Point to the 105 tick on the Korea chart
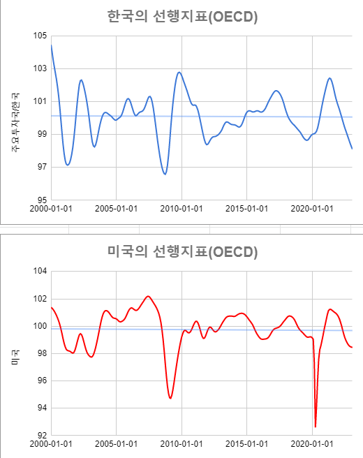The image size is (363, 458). (x=40, y=36)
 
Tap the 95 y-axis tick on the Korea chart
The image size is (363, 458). (x=42, y=200)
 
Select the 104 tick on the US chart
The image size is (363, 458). (x=40, y=272)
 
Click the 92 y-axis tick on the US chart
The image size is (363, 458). (x=42, y=435)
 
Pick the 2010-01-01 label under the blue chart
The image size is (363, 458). (x=181, y=209)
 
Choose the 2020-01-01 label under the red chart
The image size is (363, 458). (x=311, y=444)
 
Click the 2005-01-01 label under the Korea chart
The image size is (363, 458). (x=117, y=209)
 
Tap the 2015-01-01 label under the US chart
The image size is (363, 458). (x=246, y=444)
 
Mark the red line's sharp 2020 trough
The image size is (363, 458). (x=316, y=427)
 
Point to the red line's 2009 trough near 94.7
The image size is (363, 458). (x=170, y=398)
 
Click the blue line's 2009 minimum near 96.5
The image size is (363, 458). (x=165, y=174)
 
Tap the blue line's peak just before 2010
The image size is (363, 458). (x=179, y=72)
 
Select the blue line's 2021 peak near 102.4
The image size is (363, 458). (x=329, y=78)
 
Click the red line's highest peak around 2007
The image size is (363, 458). (x=147, y=296)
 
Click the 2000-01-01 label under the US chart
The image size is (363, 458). (x=52, y=444)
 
